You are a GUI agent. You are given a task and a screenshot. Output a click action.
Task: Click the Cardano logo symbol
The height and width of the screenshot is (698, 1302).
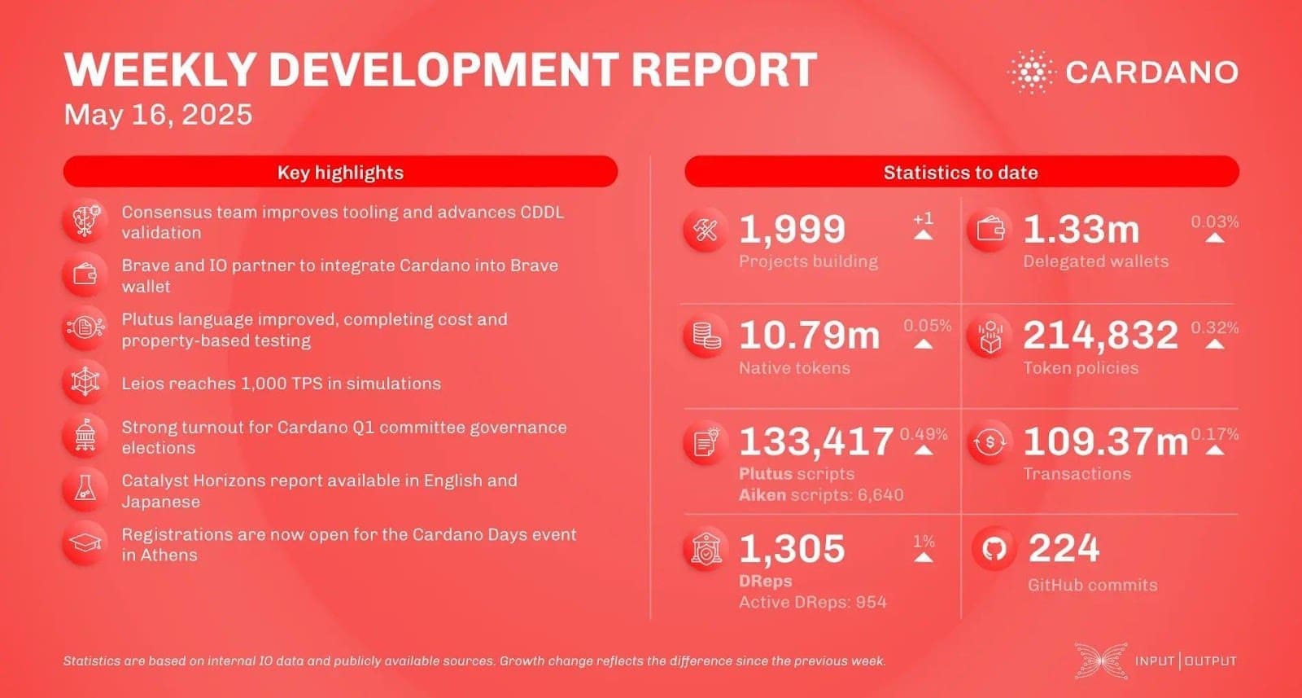click(1031, 72)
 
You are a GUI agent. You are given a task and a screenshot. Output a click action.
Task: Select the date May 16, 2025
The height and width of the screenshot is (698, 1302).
click(158, 115)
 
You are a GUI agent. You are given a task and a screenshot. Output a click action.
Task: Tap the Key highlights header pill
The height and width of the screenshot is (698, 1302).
click(340, 172)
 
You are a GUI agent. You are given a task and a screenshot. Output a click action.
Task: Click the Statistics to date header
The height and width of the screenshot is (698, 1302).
click(961, 172)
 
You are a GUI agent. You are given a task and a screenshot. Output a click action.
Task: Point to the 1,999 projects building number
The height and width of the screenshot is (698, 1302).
click(792, 230)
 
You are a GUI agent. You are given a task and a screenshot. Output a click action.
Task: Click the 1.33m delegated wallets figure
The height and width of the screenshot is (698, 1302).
click(1081, 230)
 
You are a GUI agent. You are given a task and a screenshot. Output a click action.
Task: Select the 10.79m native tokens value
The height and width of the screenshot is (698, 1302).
click(809, 336)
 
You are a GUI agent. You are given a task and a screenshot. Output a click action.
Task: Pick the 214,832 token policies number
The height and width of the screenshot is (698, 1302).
click(1100, 336)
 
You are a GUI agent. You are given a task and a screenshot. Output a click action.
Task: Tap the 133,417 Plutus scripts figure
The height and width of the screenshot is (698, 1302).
click(815, 441)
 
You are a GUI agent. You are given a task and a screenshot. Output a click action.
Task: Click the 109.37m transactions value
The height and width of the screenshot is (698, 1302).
click(1105, 441)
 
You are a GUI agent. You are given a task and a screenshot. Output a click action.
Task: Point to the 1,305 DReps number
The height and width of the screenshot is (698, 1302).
click(792, 548)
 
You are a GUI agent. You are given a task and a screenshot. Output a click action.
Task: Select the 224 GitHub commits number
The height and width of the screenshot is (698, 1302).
click(1064, 548)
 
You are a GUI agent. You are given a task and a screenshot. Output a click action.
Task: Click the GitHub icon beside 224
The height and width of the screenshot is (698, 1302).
click(993, 550)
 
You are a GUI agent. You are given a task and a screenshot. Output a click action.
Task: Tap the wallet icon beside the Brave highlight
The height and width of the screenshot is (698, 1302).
click(85, 275)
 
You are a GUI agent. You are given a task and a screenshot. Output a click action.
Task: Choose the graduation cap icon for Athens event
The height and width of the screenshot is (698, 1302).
click(85, 543)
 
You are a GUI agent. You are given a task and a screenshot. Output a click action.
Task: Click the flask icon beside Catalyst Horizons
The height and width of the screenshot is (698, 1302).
click(85, 489)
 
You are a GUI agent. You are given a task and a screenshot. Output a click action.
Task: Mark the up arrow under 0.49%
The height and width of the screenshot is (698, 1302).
click(924, 450)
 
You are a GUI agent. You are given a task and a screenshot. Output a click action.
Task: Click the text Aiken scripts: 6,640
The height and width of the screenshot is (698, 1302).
click(820, 494)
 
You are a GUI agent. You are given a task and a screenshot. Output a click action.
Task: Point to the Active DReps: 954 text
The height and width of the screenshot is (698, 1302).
click(812, 602)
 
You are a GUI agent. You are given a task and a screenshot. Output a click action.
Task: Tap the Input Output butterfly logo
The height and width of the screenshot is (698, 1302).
click(1100, 661)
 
